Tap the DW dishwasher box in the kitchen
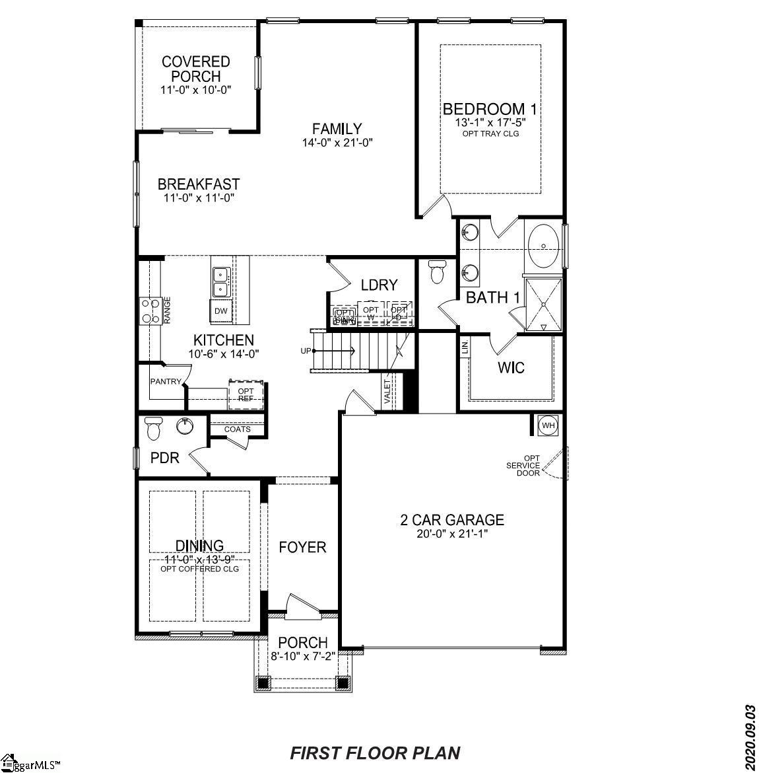click(220, 311)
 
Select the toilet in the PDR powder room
click(153, 428)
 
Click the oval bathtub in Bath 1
click(544, 246)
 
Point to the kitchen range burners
click(150, 311)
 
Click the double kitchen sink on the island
click(220, 281)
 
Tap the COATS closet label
click(238, 429)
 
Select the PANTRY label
click(166, 381)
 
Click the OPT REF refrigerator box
click(246, 394)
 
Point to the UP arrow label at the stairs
click(306, 351)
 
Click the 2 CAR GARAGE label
click(452, 520)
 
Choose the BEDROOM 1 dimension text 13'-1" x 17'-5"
click(489, 122)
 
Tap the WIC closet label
click(511, 367)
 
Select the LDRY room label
click(379, 285)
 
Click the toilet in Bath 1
click(437, 271)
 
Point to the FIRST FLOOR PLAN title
click(376, 753)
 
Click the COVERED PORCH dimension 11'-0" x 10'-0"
click(195, 89)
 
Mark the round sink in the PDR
click(185, 426)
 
